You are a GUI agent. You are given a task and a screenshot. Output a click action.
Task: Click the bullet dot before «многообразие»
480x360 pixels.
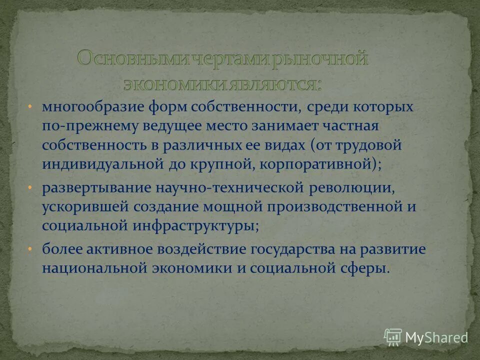30,107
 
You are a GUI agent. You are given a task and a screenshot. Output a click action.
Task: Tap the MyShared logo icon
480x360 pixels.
393,337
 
